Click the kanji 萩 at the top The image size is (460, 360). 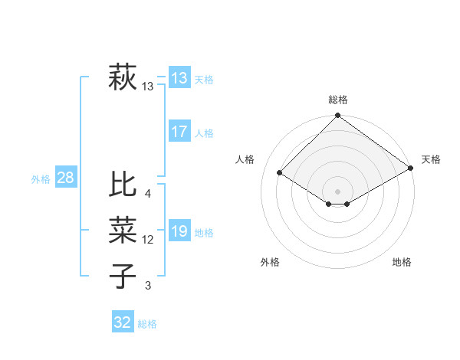[x=123, y=78]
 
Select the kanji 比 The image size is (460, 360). [x=123, y=185]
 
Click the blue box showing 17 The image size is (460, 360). [x=179, y=132]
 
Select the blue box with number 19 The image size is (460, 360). [x=179, y=232]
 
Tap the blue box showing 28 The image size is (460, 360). [x=65, y=178]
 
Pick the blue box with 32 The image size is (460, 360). [x=123, y=322]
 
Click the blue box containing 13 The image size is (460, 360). [x=179, y=78]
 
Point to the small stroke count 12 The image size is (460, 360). [x=148, y=240]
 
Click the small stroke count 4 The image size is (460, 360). [x=147, y=194]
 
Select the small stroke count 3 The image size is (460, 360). [x=147, y=286]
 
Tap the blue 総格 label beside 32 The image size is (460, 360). [x=147, y=324]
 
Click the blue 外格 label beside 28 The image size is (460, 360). [x=41, y=179]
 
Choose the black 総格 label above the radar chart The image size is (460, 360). [x=337, y=100]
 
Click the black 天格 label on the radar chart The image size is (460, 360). [x=431, y=159]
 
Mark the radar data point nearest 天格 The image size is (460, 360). [x=411, y=169]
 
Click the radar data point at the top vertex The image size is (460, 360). [x=337, y=116]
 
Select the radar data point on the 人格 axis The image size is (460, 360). [x=280, y=173]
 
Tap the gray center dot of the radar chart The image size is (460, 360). [x=337, y=191]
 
